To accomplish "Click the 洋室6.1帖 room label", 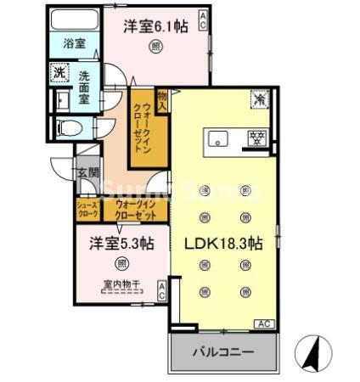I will [157, 26].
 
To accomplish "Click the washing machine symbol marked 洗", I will [59, 73].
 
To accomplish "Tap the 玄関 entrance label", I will [88, 172].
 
